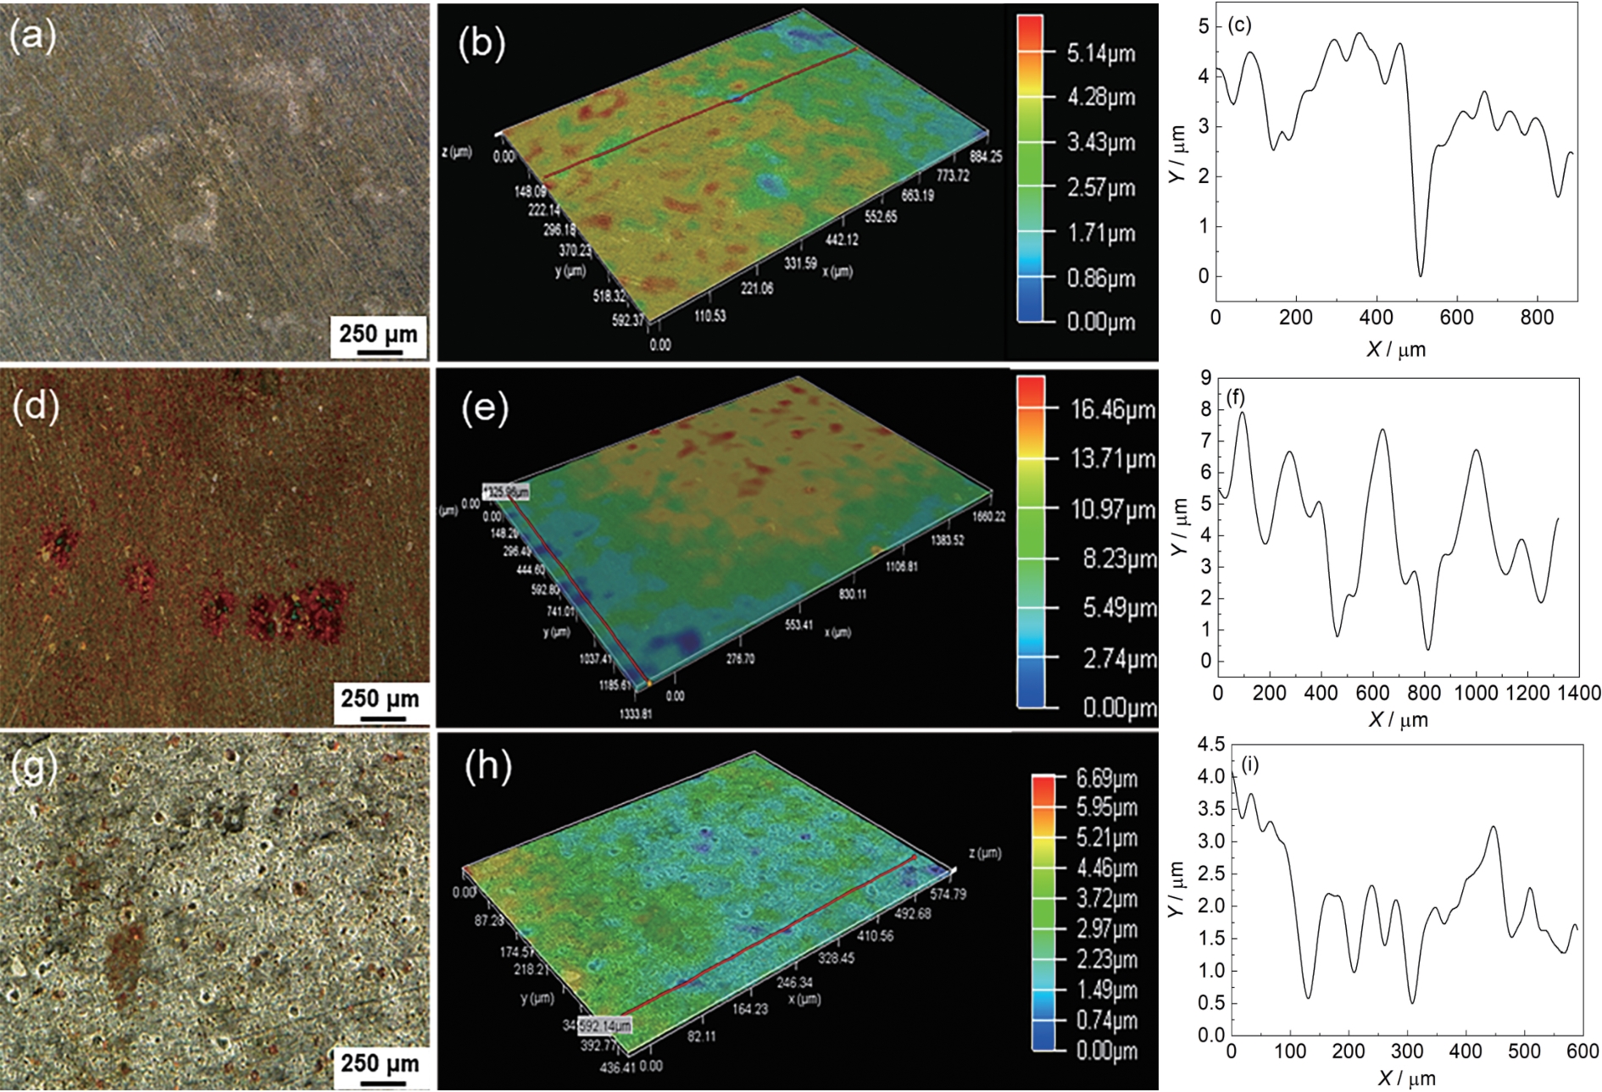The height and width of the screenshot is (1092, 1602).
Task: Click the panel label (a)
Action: click(32, 36)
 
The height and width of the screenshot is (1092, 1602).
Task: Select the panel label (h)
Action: click(488, 767)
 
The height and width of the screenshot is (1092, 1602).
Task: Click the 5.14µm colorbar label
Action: click(1100, 53)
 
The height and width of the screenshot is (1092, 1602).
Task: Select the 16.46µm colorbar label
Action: click(1112, 410)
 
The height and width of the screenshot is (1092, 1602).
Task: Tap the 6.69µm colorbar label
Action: click(1106, 778)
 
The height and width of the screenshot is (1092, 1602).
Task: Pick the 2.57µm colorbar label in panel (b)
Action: click(1100, 187)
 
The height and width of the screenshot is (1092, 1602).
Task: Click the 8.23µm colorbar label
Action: click(1119, 559)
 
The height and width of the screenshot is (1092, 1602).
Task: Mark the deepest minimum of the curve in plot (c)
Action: click(1421, 275)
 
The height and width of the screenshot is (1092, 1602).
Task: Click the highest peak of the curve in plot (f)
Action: click(1243, 413)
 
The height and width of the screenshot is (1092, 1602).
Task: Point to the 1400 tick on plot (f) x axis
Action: click(1578, 693)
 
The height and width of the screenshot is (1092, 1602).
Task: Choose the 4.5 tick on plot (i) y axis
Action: click(1210, 745)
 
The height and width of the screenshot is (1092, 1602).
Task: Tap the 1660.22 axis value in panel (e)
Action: click(987, 516)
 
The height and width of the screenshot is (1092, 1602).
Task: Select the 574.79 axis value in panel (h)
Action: click(948, 894)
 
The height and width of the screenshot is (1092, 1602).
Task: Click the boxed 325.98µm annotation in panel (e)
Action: click(506, 491)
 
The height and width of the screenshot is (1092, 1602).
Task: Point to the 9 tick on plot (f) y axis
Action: click(1205, 378)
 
